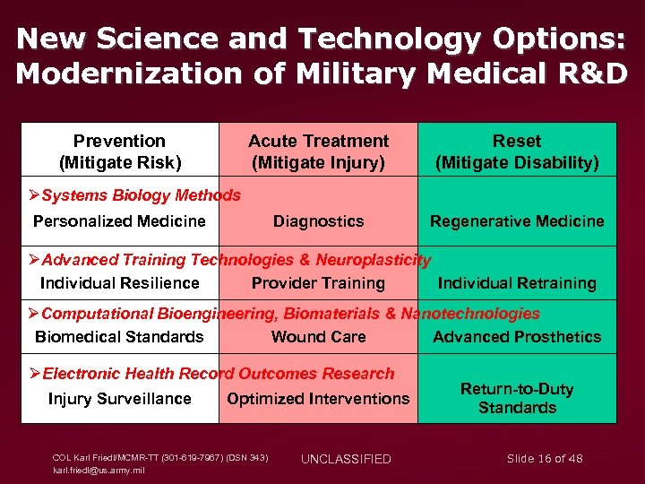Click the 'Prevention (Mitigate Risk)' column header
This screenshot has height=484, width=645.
119,151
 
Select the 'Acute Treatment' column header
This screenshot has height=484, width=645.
318,151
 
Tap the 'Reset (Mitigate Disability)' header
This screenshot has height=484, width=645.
517,151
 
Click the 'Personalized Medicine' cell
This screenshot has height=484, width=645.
119,221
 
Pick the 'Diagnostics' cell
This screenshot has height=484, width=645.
318,221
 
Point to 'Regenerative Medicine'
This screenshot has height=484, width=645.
517,221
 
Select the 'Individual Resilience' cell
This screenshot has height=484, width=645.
119,283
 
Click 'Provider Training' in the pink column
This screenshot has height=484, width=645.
318,283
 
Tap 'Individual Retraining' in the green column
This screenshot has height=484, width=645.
517,283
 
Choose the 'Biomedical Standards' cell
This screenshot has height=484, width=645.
119,337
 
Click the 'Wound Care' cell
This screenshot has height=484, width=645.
318,337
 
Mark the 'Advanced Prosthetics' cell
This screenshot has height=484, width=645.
517,337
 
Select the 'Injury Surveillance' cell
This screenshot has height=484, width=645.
119,399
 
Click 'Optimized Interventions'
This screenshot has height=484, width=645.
318,399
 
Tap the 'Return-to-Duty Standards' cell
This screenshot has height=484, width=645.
517,398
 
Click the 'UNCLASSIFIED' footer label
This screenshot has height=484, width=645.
346,459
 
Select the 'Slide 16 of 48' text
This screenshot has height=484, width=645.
545,459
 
